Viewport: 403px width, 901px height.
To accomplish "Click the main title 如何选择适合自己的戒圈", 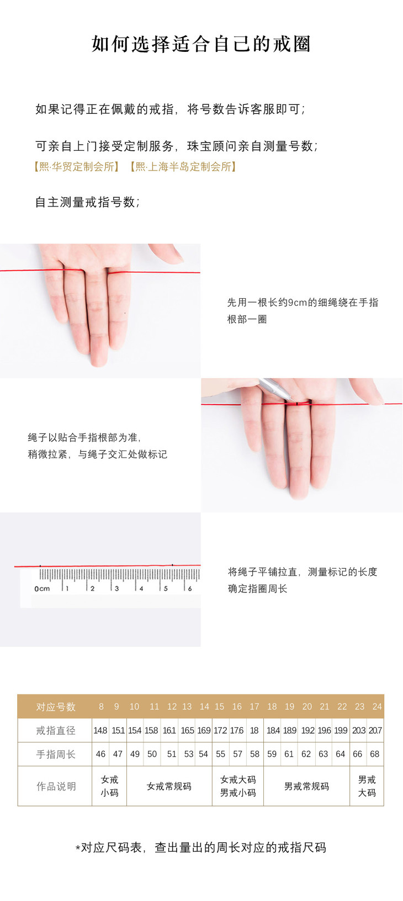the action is click(201, 44).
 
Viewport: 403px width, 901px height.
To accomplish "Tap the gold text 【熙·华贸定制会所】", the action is click(76, 167).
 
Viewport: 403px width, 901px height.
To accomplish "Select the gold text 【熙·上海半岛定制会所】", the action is click(183, 167).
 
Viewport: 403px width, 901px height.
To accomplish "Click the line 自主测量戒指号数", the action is click(88, 202).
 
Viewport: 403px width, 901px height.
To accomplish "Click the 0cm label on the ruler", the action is click(42, 589).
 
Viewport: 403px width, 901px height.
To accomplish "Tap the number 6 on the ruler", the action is click(190, 589).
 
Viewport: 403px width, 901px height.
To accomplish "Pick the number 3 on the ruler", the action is click(116, 589).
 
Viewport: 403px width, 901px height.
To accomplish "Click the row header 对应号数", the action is click(56, 707).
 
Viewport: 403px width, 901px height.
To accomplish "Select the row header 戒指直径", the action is click(56, 730).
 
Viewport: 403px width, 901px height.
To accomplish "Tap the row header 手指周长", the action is click(56, 754).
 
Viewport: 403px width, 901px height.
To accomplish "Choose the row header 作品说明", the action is click(56, 786).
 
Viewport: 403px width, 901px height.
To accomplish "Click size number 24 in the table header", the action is click(377, 707).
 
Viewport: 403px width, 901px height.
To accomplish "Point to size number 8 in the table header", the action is click(101, 707).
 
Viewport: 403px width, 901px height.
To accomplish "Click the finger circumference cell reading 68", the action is click(374, 754).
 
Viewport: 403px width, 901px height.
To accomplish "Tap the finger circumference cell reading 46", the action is click(100, 754).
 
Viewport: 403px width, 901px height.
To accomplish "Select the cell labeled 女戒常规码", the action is click(169, 786).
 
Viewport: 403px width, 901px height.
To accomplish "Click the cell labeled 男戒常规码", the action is click(306, 786).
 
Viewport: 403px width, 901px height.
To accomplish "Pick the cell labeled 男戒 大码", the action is click(367, 786).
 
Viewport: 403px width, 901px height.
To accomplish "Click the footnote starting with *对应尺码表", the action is click(201, 848).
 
